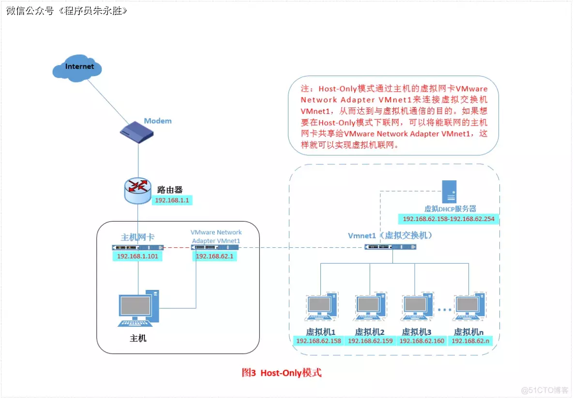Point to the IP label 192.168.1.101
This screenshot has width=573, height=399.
pos(137,256)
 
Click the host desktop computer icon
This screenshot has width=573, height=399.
pos(138,309)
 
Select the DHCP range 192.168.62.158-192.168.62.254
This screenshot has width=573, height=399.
pos(448,219)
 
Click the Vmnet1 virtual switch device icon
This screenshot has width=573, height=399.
pos(390,247)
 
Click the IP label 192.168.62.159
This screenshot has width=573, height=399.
pos(370,341)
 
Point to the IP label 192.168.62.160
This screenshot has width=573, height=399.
pos(421,341)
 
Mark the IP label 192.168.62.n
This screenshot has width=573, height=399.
pos(470,341)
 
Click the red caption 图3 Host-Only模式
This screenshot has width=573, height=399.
pos(281,373)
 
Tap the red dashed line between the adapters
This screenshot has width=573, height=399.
pos(177,247)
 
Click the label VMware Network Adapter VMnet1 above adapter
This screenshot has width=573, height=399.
pos(216,237)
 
